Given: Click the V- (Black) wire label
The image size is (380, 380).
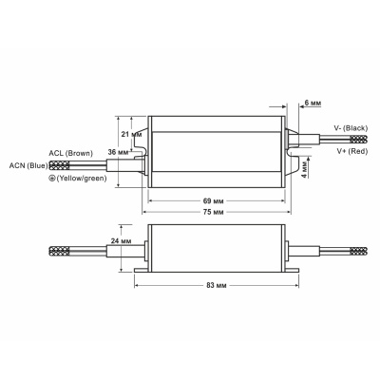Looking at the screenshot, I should (351, 126).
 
